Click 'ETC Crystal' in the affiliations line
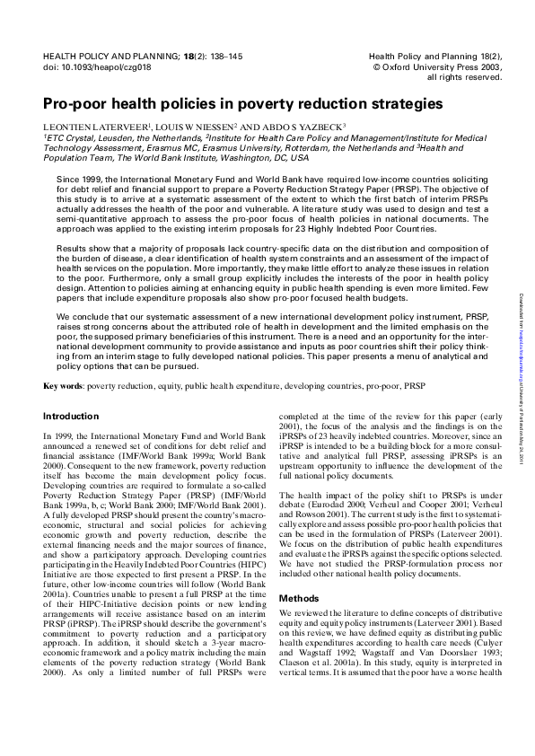pyautogui.click(x=71, y=138)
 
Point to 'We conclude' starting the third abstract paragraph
pyautogui.click(x=80, y=317)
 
